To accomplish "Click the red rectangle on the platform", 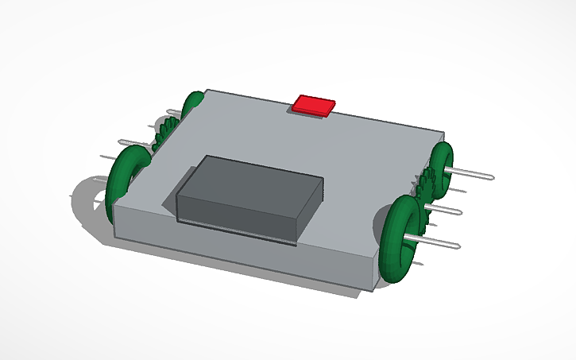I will coord(314,105).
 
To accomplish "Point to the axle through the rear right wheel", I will coord(472,172).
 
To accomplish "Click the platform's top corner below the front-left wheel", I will coord(114,205).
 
